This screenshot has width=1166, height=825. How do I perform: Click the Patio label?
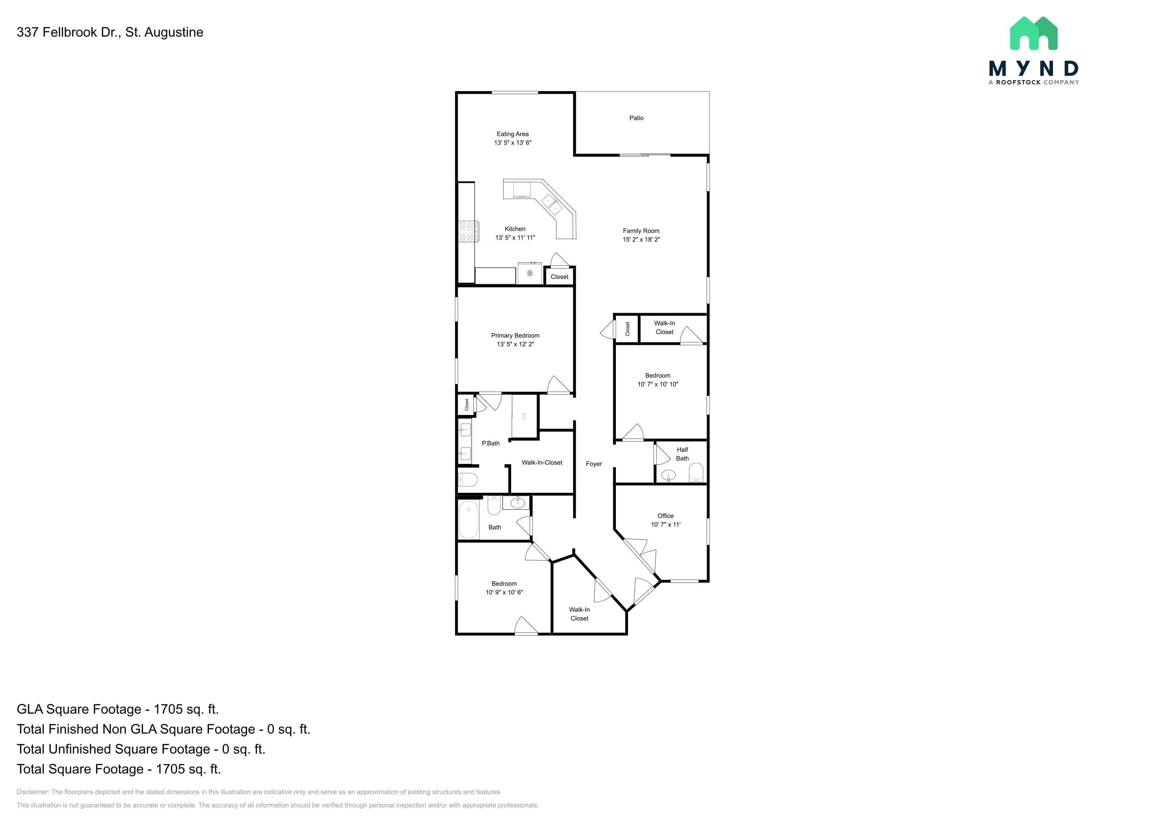pos(636,118)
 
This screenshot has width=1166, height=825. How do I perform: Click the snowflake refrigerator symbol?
pos(530,273)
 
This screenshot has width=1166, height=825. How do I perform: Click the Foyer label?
pos(594,464)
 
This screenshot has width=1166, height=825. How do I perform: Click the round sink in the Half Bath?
pos(668,476)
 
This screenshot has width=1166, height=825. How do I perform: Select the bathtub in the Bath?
pos(469,520)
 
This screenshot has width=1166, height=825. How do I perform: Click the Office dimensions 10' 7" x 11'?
pos(665,524)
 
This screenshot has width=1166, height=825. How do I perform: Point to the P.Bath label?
pos(491,444)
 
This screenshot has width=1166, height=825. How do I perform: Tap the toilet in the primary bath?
pos(468,480)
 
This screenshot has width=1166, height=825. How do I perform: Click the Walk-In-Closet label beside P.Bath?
pos(542,462)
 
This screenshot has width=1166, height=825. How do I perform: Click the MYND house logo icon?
pos(1033,34)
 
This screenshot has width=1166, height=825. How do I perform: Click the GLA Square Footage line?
pos(118,709)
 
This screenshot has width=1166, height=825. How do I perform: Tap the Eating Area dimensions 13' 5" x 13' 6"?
pos(513,143)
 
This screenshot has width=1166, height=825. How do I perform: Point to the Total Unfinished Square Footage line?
pos(141,749)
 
